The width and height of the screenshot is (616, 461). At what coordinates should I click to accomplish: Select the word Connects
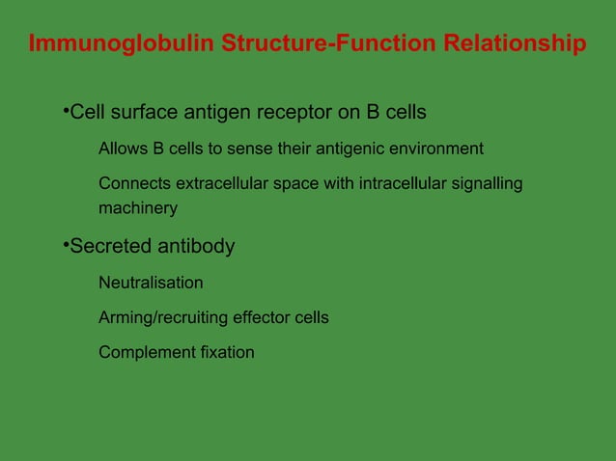tap(133, 183)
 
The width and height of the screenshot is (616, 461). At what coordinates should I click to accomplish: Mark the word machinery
tap(138, 208)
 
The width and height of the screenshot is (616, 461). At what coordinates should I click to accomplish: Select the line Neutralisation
tap(151, 283)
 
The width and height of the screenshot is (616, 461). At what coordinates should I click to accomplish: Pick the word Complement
tap(143, 352)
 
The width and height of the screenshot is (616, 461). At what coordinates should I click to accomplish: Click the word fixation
tap(223, 352)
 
